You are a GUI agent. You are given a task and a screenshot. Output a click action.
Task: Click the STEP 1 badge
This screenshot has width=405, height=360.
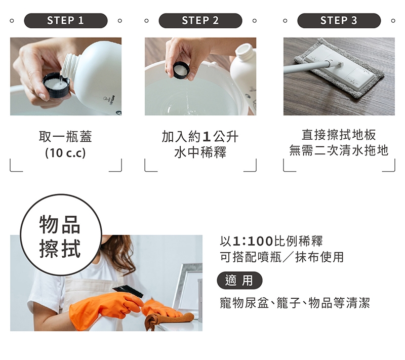coord(66,20)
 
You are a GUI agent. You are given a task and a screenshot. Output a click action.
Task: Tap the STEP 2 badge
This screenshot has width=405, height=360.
coord(200,20)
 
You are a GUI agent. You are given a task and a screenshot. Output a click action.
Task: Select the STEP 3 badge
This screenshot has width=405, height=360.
coord(339,20)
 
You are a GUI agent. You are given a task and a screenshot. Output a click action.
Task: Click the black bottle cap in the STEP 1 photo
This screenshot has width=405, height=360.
coord(56,85)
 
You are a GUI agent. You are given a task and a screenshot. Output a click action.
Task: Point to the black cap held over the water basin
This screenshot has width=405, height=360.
coord(181,70)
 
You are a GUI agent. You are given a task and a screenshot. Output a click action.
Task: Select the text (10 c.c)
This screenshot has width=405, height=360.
coord(65,153)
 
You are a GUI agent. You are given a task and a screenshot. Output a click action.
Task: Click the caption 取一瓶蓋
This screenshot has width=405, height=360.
coord(66,136)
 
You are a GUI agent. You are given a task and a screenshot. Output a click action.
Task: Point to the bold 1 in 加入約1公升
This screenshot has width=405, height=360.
coord(207,137)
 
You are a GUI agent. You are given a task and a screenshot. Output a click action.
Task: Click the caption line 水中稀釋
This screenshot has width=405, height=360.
coord(200,152)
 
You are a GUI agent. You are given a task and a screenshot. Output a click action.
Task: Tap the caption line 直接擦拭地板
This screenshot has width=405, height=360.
coord(339,135)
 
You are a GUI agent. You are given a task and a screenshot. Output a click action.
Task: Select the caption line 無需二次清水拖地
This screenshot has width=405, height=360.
coord(339,150)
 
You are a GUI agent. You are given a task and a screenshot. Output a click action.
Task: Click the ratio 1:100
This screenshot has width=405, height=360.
coord(253,241)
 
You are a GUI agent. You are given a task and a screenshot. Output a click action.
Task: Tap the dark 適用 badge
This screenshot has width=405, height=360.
coord(239,281)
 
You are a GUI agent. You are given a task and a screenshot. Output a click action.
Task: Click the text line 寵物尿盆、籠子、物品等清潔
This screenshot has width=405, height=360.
coord(295,303)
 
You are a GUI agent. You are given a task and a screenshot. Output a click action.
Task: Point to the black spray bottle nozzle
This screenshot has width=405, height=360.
coord(129,291)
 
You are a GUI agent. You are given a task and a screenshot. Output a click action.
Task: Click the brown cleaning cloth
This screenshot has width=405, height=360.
coord(168,319)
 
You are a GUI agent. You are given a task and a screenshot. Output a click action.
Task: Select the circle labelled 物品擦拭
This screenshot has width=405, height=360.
coord(61,235)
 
